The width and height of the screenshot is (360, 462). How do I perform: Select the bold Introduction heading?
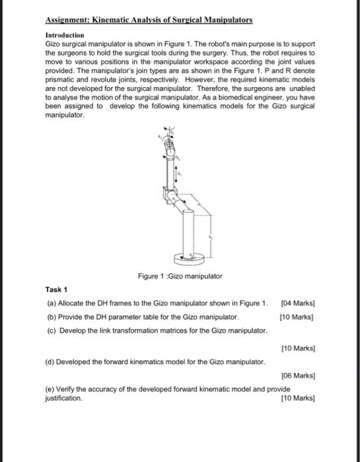point(65,34)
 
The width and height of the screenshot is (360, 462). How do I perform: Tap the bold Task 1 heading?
point(57,289)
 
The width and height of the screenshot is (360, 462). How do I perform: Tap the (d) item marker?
point(52,361)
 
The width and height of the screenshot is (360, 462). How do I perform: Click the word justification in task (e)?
point(63,399)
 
